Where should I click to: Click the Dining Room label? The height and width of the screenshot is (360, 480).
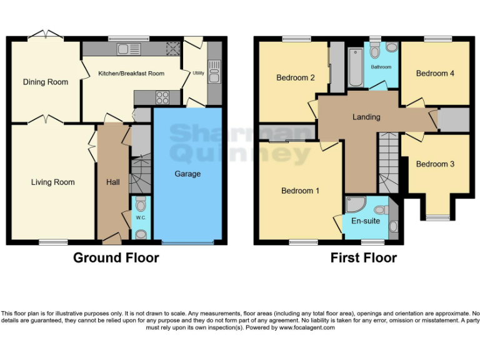point(46,82)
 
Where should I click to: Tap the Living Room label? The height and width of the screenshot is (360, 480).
point(53,182)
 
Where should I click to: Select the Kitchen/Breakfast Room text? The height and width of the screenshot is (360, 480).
point(131,74)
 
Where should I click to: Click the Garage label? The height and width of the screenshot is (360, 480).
point(187,174)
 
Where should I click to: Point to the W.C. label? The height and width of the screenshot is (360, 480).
point(141,218)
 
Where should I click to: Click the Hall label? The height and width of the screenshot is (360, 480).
point(113,182)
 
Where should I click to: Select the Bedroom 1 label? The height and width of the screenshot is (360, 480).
point(300,191)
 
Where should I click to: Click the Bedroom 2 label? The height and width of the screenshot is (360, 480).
point(296,78)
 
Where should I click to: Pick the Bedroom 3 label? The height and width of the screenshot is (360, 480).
point(435,164)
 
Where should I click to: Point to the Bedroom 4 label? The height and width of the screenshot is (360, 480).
point(435,74)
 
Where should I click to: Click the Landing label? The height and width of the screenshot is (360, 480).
point(366,117)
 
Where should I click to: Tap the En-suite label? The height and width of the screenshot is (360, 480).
point(364,221)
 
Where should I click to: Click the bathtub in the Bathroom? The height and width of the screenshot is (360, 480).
point(355,66)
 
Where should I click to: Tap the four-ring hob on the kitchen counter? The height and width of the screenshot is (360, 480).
point(162,97)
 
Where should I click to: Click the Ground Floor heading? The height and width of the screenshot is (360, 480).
point(116,257)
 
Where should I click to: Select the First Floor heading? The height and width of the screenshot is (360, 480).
point(364,257)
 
